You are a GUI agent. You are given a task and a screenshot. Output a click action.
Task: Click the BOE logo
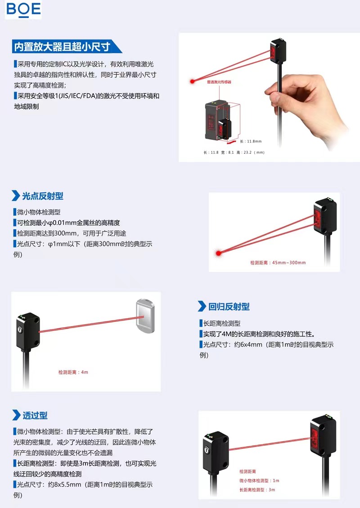pos(23,9)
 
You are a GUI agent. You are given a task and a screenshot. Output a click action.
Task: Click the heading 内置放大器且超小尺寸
pos(62,47)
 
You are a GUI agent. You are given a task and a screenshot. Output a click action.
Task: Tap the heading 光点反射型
pos(42,196)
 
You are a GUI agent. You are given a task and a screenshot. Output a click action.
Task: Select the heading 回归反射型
pos(229,307)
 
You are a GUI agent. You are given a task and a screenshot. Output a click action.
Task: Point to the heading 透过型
pos(35,415)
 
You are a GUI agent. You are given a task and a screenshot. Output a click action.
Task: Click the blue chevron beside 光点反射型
pos(16,196)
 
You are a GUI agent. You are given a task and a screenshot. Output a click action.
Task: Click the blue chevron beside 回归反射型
pos(202,306)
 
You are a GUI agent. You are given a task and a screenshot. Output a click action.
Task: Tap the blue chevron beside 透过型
pos(16,415)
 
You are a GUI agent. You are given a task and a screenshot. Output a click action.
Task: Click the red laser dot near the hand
pos(192,81)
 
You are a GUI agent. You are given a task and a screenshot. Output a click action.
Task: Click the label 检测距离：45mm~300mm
pos(278,263)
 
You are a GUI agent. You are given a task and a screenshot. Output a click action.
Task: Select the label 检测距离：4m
pos(73,372)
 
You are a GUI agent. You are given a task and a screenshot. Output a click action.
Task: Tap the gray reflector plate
pos(145,316)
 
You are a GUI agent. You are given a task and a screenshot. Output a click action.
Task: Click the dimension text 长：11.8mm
pos(251,141)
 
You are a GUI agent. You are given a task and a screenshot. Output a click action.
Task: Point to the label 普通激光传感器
pos(219,82)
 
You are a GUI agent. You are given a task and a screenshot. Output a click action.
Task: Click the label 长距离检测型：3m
pos(257,490)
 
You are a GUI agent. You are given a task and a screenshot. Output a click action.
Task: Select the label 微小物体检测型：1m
pos(259,481)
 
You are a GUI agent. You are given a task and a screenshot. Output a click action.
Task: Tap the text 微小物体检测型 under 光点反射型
pos(39,212)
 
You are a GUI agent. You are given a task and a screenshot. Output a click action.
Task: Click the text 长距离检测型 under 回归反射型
pos(222,323)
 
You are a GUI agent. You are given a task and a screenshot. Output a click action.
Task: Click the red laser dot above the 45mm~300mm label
pos(219,253)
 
